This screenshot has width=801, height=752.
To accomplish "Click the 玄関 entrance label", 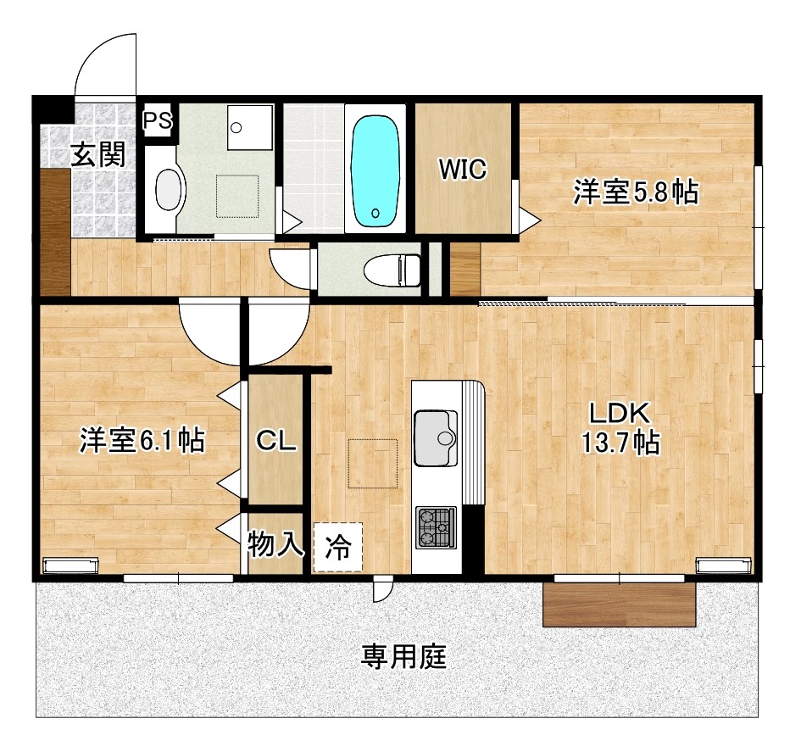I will point(97,154).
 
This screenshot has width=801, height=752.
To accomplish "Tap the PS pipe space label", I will point(157,120).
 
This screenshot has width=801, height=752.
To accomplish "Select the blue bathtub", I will point(375,170).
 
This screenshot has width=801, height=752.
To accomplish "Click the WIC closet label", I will point(462,170).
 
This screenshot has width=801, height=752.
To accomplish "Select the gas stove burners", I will point(436,526).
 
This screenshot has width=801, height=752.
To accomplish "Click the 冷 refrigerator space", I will point(338,548).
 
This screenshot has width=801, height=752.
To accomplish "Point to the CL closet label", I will point(275,441).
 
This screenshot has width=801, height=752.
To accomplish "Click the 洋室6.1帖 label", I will point(142,440).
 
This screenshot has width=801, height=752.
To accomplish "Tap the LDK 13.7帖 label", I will point(620,428).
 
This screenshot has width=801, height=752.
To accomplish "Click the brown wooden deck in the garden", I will point(619,604).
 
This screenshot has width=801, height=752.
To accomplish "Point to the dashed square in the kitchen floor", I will point(372,463).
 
